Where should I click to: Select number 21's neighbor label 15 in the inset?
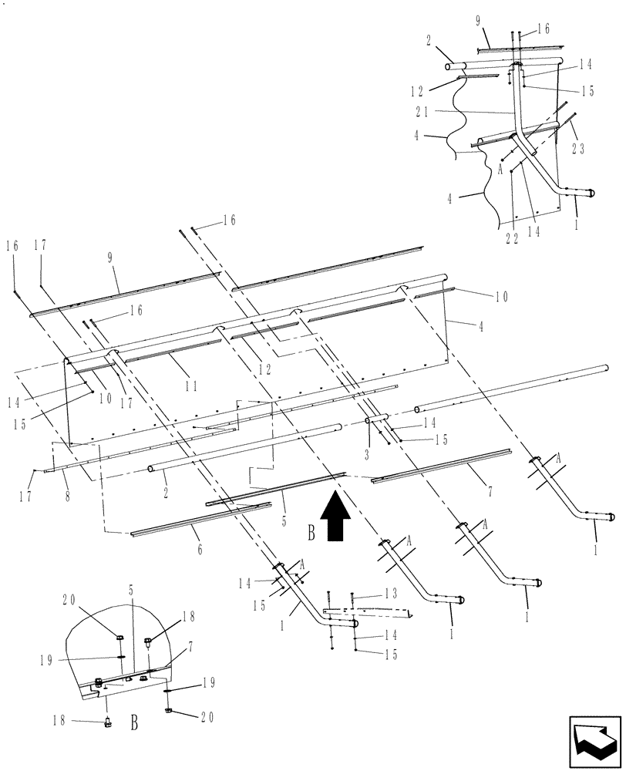pos(587,91)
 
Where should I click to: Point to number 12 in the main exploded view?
pos(264,370)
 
